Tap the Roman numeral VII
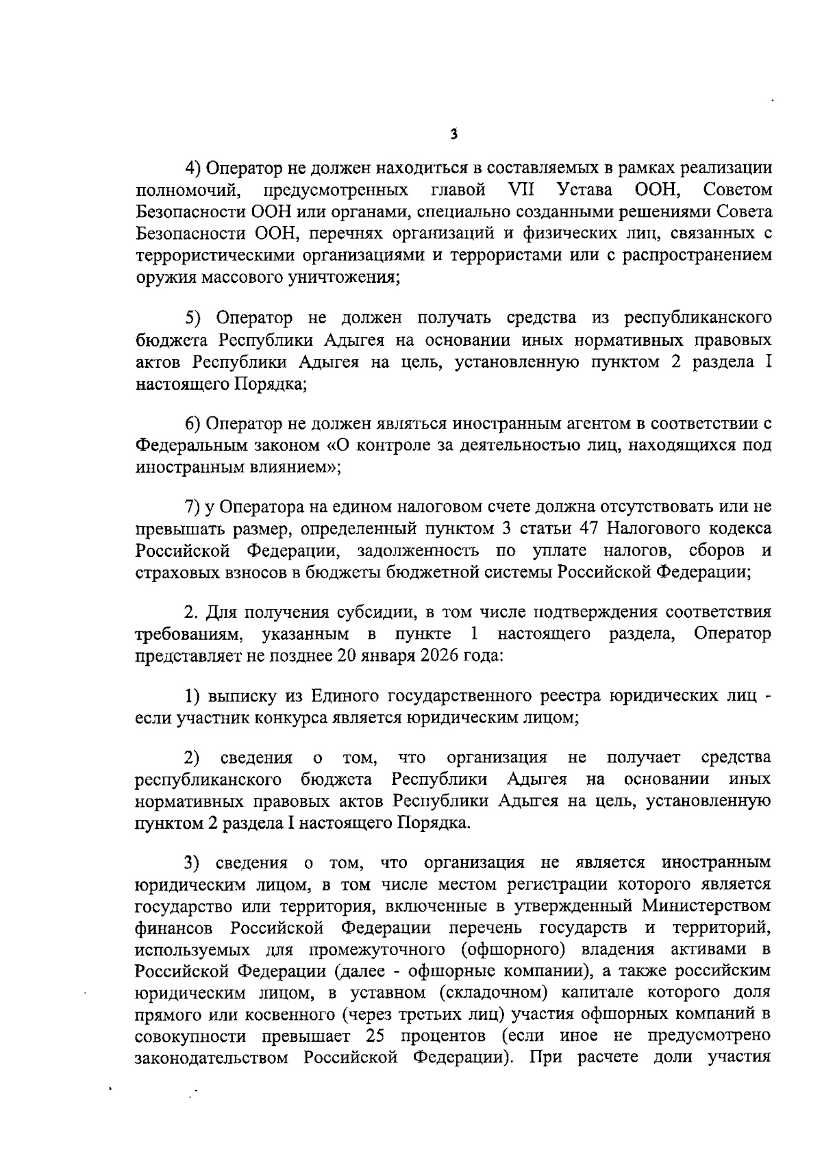(x=522, y=189)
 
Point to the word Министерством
(x=706, y=905)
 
